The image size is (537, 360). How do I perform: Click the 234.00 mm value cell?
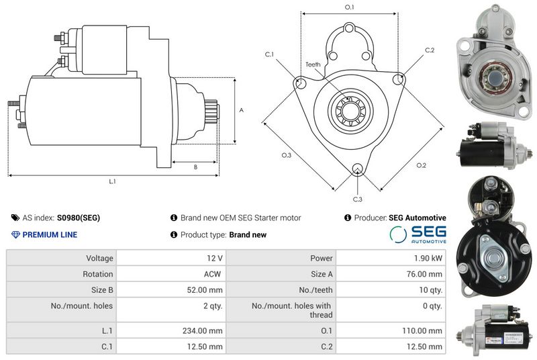click(x=206, y=330)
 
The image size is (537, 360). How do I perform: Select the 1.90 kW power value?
click(x=428, y=258)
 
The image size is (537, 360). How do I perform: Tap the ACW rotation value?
click(x=213, y=274)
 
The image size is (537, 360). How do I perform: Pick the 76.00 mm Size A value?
click(x=425, y=274)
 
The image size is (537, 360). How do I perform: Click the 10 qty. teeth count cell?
click(x=430, y=290)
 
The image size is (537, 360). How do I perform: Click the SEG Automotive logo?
click(x=418, y=234)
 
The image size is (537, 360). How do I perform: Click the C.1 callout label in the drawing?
click(x=269, y=54)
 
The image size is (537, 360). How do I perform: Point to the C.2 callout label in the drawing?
click(x=430, y=50)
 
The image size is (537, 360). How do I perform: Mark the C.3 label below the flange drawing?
click(x=357, y=199)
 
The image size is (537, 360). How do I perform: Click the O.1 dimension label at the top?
click(x=349, y=7)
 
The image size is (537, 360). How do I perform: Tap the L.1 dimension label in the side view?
click(x=113, y=181)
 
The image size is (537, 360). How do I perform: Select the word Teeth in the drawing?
click(x=313, y=64)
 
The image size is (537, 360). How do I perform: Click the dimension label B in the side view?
click(x=195, y=167)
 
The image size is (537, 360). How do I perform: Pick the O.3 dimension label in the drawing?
click(x=286, y=155)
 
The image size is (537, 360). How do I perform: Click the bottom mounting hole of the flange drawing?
click(x=357, y=169)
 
